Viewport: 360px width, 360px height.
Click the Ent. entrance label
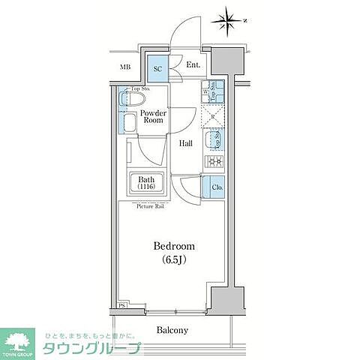[x=193, y=64]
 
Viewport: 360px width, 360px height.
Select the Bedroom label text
[x=174, y=246]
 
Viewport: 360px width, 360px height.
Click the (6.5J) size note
[x=174, y=260]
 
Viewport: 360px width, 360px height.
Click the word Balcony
[x=172, y=330]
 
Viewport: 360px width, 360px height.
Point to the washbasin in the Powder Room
[x=128, y=123]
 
